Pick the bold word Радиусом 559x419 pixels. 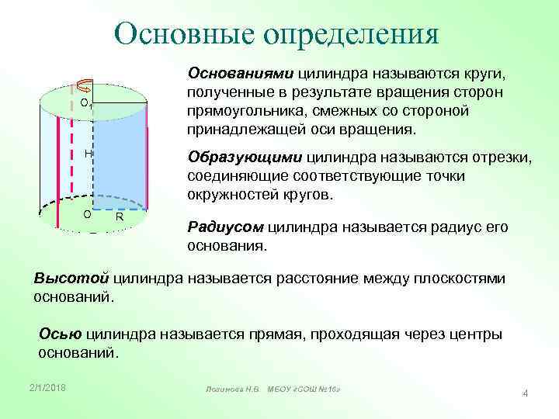pyautogui.click(x=227, y=227)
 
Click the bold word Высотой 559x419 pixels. pyautogui.click(x=71, y=279)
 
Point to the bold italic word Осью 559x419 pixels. pyautogui.click(x=61, y=334)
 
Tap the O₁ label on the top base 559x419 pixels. pyautogui.click(x=84, y=103)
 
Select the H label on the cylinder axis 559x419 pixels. pyautogui.click(x=88, y=154)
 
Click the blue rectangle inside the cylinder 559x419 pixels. pyautogui.click(x=120, y=155)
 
